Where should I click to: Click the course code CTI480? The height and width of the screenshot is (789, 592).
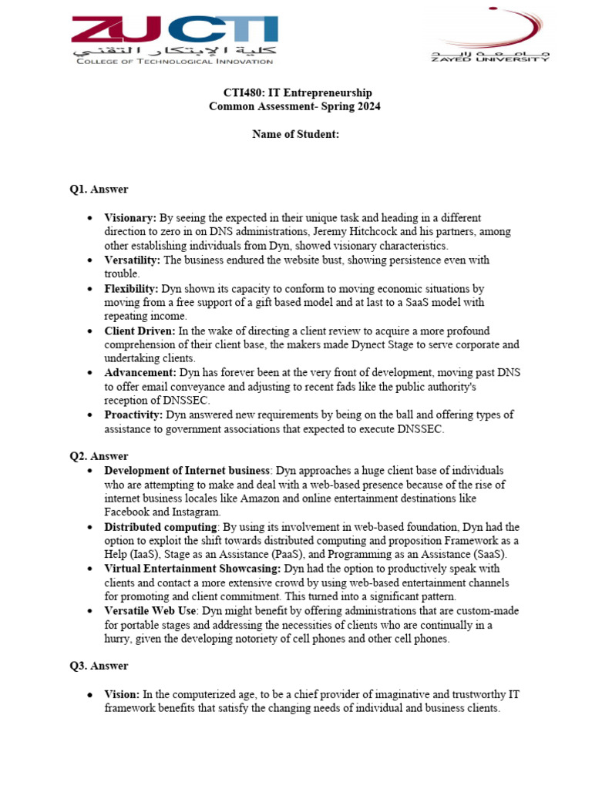point(238,92)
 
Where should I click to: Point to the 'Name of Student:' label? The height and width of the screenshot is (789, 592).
point(295,134)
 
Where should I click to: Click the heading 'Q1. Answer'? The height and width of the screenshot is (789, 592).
point(99,190)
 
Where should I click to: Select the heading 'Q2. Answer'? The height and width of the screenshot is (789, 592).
point(99,456)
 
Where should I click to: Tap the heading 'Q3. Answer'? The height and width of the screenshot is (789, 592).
point(99,666)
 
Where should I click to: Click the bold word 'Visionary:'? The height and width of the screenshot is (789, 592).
point(130,218)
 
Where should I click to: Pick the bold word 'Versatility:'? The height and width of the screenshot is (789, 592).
point(133,260)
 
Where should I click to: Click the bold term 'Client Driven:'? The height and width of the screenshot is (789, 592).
point(140,331)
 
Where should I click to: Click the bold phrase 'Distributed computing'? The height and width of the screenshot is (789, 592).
point(160,526)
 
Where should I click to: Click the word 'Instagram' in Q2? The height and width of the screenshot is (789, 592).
point(197,512)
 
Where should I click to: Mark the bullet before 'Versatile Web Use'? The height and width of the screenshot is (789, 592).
point(91,610)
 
